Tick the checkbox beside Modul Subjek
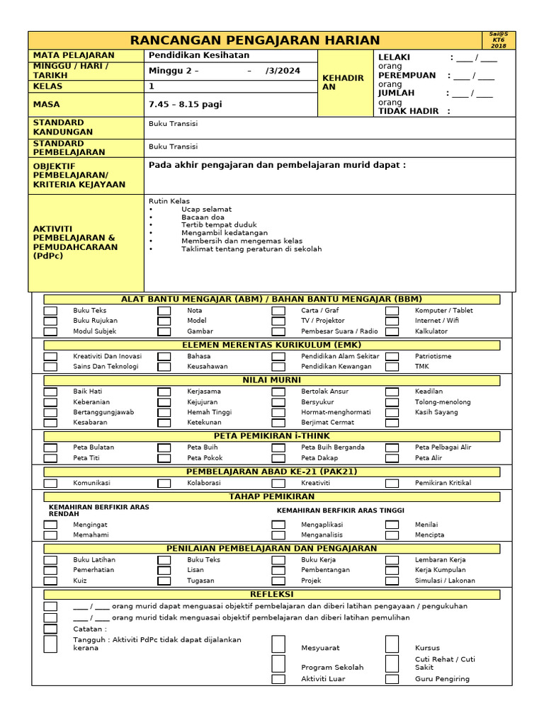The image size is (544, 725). point(50,331)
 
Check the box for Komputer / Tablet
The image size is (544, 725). point(392,311)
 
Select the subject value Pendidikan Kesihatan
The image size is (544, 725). point(199,55)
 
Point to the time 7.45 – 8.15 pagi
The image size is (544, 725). point(185,104)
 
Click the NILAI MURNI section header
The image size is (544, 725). point(272,380)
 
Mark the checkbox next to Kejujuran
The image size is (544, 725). point(164,402)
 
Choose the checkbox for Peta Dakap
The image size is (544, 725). point(278,458)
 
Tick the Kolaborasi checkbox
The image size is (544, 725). point(164,484)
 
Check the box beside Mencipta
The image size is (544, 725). point(392,535)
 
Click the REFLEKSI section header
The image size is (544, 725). point(272,595)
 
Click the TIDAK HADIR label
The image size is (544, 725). point(409,111)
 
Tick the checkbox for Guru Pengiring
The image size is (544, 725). point(392,679)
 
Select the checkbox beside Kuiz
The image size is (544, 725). point(50,581)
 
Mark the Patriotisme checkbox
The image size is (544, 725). point(392,357)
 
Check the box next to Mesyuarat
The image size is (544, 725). point(278,644)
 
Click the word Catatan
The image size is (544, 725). point(90,629)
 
